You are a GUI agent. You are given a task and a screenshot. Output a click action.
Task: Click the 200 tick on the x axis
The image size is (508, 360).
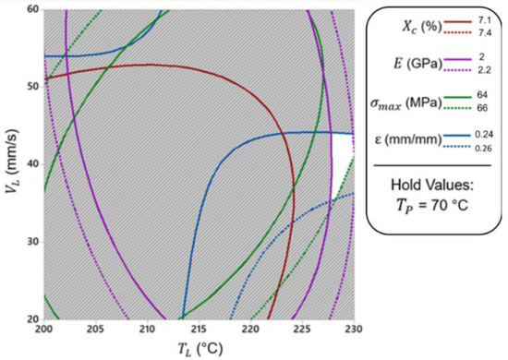(44, 329)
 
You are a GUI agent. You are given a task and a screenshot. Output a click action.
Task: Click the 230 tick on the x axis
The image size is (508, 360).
(353, 329)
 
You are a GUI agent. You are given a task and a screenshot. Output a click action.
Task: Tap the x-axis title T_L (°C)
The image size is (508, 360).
(199, 348)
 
